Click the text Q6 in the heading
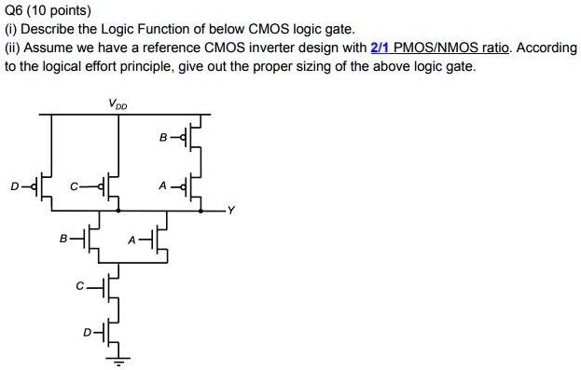[x=16, y=11]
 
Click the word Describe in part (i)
[x=49, y=29]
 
